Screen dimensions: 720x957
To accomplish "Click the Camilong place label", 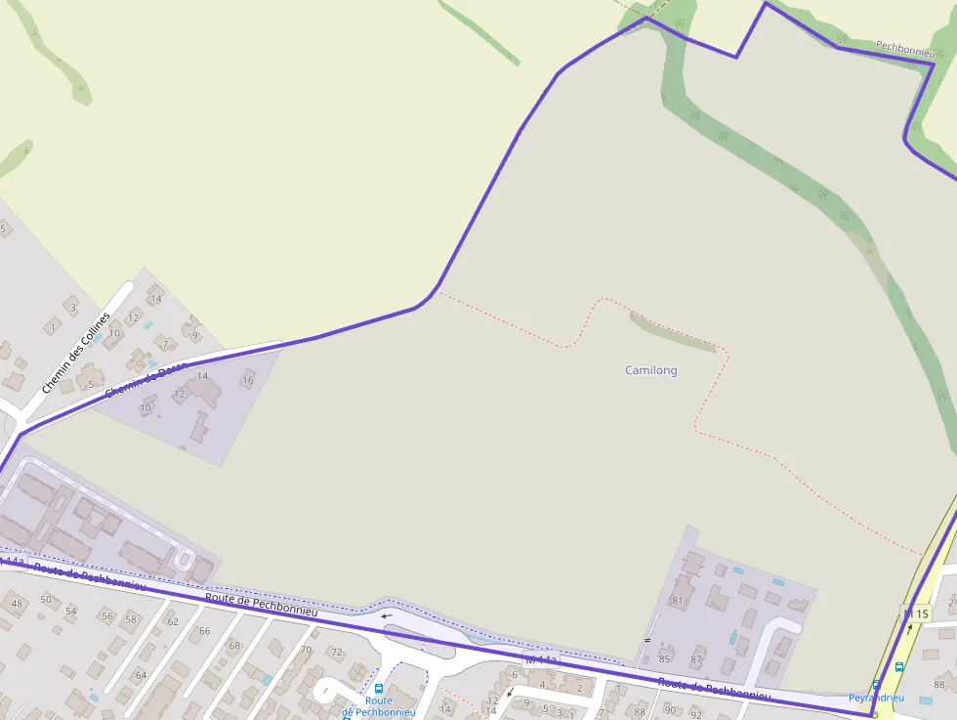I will coord(650,370).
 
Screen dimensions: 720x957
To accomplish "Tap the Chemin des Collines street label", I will coord(77,354).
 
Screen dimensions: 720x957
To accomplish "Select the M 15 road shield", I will coord(916,614).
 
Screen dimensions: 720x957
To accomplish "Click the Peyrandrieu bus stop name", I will coord(876,698).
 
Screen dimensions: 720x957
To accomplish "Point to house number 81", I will coord(677,601).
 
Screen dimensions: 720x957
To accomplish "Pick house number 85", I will coord(665,658).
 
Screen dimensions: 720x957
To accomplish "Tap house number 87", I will coord(697,659).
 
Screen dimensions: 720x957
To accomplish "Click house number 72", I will coord(337,652).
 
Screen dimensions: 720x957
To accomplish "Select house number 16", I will coord(247,380).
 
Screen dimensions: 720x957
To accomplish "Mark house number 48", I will coord(17,603).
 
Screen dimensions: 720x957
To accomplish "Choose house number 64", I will coord(141,675).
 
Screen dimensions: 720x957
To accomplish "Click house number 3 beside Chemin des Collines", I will coord(72,308).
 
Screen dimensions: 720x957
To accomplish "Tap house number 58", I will coord(131,618).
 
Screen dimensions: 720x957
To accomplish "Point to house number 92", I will coord(696,712).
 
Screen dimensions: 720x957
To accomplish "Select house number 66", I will coord(205,631).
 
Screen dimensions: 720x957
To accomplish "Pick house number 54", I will coord(71,611).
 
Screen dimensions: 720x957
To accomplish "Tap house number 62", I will coord(173,621).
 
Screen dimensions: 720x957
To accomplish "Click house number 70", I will coord(306,650).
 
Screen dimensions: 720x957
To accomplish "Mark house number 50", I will coord(46,599).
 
